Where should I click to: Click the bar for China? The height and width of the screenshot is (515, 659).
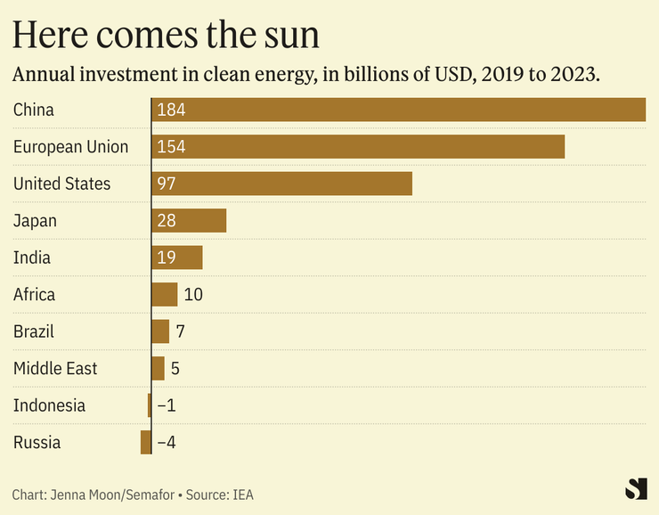[x=398, y=110]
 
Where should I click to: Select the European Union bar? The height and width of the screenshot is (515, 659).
[x=358, y=146]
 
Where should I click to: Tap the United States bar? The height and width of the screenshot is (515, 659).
[x=282, y=184]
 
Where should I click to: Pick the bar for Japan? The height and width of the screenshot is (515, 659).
[x=190, y=220]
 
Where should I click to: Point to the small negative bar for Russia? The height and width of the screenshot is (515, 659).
[x=146, y=442]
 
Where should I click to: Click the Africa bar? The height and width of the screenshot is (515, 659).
[x=165, y=294]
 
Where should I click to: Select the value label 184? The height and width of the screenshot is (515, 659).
[x=170, y=110]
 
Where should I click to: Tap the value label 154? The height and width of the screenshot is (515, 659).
[x=170, y=146]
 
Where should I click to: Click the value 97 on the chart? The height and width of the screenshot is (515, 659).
[x=166, y=184]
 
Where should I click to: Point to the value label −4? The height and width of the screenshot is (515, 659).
[x=167, y=442]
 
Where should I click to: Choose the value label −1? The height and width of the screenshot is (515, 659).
[x=167, y=405]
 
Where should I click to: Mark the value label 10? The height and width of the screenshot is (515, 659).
[x=193, y=294]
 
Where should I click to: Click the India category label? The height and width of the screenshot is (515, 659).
[x=32, y=257]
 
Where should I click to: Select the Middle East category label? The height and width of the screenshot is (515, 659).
[x=55, y=368]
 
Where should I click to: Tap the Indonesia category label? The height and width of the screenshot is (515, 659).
[x=50, y=405]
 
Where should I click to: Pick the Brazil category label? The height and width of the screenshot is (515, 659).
[x=34, y=331]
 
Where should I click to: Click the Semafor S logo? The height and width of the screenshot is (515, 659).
[x=636, y=488]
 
